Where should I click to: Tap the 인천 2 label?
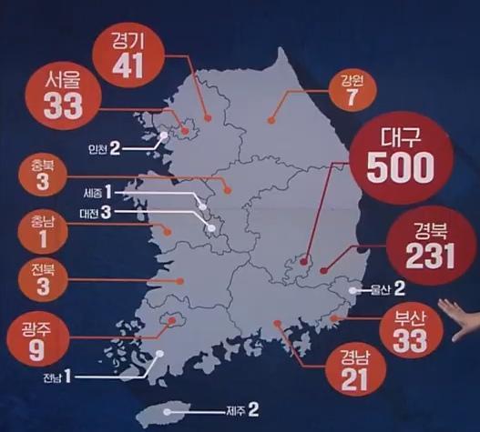104,147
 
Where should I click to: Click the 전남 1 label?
56,376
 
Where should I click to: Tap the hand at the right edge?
460,318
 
